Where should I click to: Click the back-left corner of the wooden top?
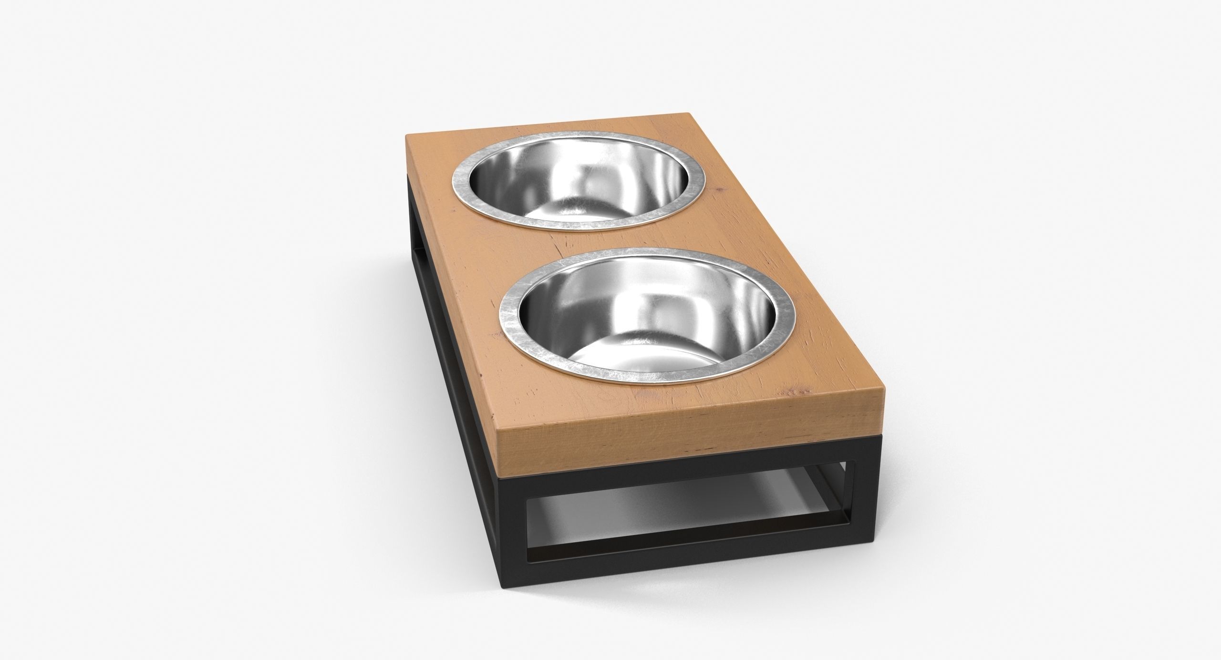pos(405,134)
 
